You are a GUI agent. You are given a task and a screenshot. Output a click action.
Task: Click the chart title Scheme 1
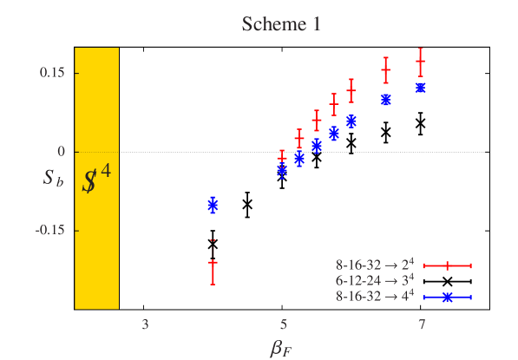(x=281, y=24)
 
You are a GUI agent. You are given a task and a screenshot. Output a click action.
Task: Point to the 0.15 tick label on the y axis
(x=51, y=72)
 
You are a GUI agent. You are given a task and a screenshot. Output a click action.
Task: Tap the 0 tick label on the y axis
(x=62, y=151)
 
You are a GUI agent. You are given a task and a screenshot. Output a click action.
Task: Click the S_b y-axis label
(x=54, y=180)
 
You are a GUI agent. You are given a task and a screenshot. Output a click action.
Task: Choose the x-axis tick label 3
(x=145, y=325)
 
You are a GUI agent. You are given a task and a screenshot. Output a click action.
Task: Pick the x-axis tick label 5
(x=283, y=325)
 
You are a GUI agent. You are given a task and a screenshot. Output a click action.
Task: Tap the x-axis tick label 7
(x=421, y=325)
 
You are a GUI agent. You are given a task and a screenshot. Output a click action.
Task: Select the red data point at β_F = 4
(x=213, y=262)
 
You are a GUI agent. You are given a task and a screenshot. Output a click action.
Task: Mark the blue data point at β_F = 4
(x=213, y=206)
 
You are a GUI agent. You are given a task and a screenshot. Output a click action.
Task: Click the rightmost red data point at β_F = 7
(x=421, y=62)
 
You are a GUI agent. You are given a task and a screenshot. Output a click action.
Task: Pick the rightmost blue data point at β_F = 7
(x=421, y=88)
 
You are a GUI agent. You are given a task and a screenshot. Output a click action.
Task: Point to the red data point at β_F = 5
(x=282, y=158)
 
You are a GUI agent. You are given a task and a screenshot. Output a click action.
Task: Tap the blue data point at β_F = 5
(x=282, y=171)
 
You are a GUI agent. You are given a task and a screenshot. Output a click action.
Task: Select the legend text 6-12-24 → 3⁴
(x=375, y=281)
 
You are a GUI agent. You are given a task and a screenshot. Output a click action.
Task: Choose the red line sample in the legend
(x=447, y=265)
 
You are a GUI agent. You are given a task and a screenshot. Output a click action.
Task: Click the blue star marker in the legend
(x=447, y=297)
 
